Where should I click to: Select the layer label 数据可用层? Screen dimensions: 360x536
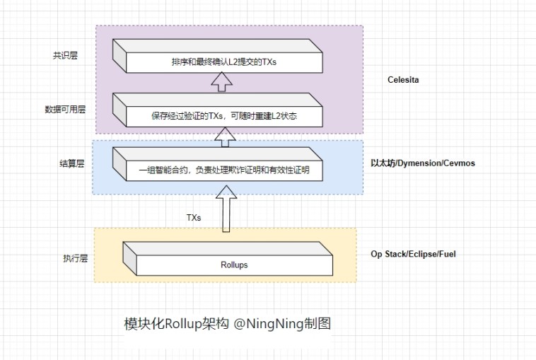65,110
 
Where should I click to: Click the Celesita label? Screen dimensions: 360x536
403,80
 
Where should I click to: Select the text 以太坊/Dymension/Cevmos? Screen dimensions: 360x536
423,163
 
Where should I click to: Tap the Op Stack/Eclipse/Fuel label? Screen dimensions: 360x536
413,253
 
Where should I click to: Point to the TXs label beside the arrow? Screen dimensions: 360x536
193,218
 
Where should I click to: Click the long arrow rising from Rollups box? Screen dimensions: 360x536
226,209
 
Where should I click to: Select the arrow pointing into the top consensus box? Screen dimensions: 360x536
223,83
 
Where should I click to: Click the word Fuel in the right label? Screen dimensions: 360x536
445,253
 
